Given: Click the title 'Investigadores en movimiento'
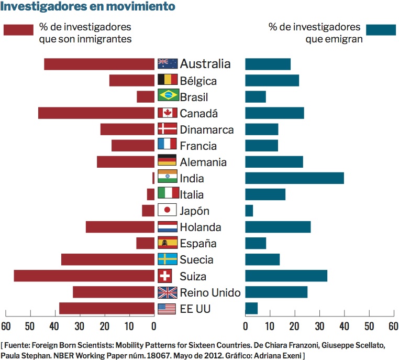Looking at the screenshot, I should point(87,7).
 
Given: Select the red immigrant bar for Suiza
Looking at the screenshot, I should point(84,276).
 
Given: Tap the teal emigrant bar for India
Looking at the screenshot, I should point(294,178).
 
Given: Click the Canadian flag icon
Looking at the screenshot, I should point(167,113).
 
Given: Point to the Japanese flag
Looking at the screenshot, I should point(167,211).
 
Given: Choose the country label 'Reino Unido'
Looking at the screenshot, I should point(210,292).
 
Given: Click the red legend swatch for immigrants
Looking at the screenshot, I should point(18,30).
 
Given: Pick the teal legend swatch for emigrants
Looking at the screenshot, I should point(381,30).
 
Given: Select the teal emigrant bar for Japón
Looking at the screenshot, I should point(249,211).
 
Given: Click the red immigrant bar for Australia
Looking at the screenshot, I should point(99,64).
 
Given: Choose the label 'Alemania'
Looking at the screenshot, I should point(203,162).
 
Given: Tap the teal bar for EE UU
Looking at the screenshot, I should point(251,308).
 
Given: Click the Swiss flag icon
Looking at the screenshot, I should point(165,276).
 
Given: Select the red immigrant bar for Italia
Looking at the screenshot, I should point(151,194).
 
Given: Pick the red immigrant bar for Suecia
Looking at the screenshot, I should point(108,259).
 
